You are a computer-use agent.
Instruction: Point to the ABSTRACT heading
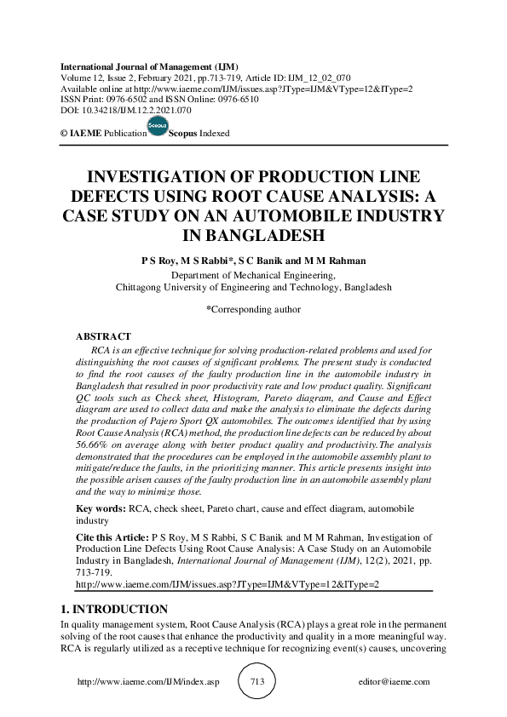tap(103, 337)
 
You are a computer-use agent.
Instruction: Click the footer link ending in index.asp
tap(148, 682)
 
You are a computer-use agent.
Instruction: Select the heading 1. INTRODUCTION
tap(114, 610)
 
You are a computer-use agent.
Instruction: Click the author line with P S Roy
tap(253, 260)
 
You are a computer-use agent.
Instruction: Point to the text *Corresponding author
tap(253, 309)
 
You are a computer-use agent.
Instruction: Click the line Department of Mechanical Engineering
tap(253, 275)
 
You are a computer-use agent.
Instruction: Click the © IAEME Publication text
tap(99, 135)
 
